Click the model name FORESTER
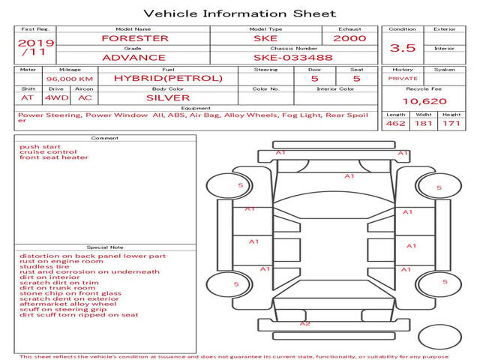(x=135, y=38)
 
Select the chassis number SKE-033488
(x=293, y=58)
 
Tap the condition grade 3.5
(x=403, y=48)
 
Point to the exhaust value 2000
(x=349, y=38)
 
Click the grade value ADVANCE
(x=134, y=58)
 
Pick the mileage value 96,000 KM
(x=70, y=79)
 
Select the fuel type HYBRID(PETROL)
(x=168, y=78)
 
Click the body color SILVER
(x=168, y=98)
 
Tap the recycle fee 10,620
(x=424, y=101)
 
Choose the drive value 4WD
(x=57, y=98)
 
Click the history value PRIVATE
(x=403, y=79)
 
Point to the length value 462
(x=395, y=123)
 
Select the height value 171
(x=451, y=123)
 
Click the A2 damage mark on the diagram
(x=305, y=323)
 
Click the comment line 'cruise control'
(x=48, y=151)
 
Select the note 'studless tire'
(x=44, y=266)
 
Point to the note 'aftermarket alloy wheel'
(x=68, y=304)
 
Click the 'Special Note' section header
(x=105, y=247)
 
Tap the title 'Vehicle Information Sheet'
(x=240, y=13)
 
